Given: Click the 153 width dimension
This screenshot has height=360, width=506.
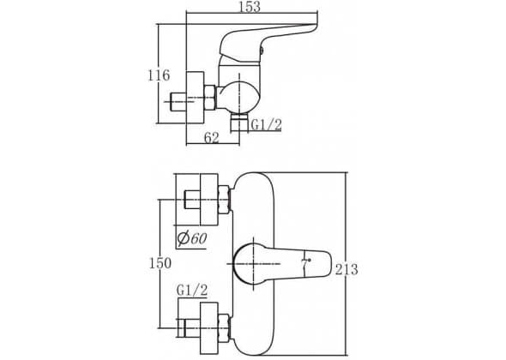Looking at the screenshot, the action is pyautogui.click(x=249, y=7).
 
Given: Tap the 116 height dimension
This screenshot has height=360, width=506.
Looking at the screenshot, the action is pyautogui.click(x=159, y=75).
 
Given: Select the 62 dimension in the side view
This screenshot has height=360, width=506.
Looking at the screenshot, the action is pyautogui.click(x=212, y=138).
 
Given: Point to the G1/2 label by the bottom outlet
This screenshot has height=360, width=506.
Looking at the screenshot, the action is pyautogui.click(x=266, y=124).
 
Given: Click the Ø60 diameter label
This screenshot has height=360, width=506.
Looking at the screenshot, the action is pyautogui.click(x=192, y=238).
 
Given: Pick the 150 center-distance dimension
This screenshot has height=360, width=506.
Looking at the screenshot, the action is pyautogui.click(x=160, y=263).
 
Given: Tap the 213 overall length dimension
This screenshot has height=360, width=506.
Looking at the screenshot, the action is pyautogui.click(x=346, y=269).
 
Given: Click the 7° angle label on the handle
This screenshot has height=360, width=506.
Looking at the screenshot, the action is pyautogui.click(x=305, y=263).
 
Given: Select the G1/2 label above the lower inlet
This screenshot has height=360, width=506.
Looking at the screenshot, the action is pyautogui.click(x=192, y=291).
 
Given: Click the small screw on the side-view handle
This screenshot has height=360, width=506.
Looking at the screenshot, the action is pyautogui.click(x=262, y=50).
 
